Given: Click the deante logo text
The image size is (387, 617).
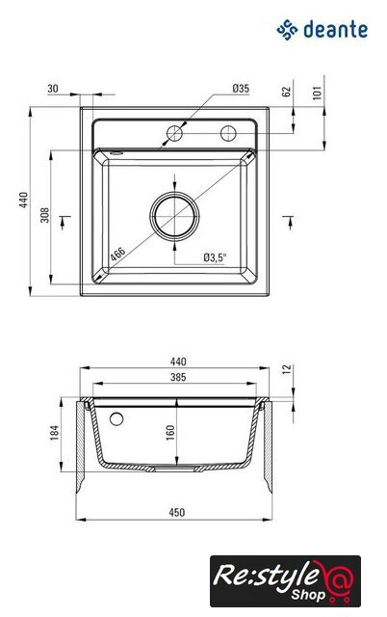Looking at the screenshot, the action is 335,30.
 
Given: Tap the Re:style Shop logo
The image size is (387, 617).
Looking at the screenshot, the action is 285,580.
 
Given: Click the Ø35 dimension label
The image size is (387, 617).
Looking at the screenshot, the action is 241,89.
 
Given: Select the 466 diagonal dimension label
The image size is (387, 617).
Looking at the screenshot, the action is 117,254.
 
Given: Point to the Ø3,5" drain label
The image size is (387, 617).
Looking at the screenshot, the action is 216,257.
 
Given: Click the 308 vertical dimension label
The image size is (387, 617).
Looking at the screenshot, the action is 45,215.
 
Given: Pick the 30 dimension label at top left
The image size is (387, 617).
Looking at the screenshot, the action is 53,89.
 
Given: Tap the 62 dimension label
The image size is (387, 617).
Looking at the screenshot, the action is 287,92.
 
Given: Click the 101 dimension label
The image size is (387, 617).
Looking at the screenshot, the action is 317,93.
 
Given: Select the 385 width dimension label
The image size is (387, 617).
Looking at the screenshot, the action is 178,377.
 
